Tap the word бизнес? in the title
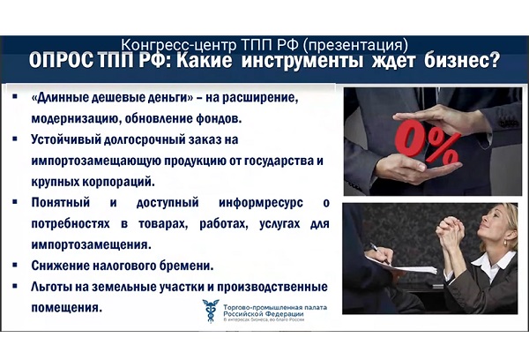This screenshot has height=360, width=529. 462,61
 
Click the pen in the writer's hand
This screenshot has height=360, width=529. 379,252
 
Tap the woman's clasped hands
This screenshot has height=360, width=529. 451,233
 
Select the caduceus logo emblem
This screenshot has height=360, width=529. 211,311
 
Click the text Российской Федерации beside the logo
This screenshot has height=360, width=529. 263,314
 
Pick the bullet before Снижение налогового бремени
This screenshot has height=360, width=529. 14,265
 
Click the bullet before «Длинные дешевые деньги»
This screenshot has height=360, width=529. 14,97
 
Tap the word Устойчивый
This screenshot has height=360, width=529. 64,139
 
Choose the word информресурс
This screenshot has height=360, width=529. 261,203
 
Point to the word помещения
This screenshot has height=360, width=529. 66,308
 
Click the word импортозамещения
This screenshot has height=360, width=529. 91,244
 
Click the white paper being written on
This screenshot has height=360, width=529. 401,264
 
